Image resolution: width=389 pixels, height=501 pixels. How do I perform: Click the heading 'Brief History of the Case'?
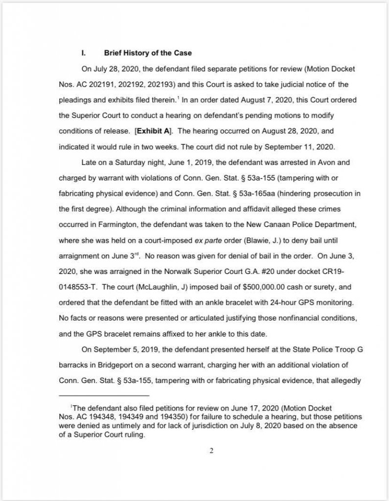148,53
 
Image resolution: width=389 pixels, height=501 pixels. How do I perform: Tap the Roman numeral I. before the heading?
84,53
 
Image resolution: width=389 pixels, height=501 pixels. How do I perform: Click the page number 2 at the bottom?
211,451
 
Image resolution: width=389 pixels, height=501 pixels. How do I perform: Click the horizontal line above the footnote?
103,395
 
